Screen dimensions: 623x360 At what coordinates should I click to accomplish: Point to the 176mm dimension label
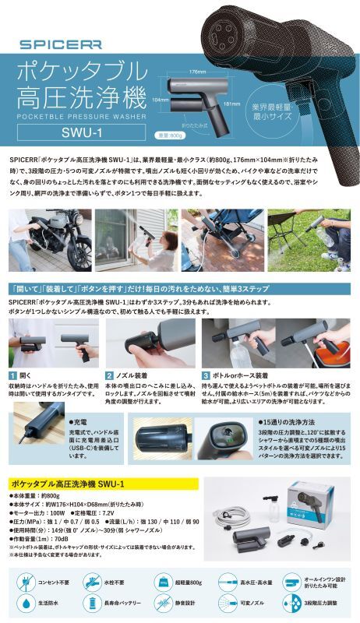(196, 72)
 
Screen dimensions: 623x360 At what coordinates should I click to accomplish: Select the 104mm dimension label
(161, 100)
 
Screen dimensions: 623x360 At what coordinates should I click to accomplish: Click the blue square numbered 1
(12, 375)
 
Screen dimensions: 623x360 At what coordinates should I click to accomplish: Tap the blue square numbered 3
(206, 375)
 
